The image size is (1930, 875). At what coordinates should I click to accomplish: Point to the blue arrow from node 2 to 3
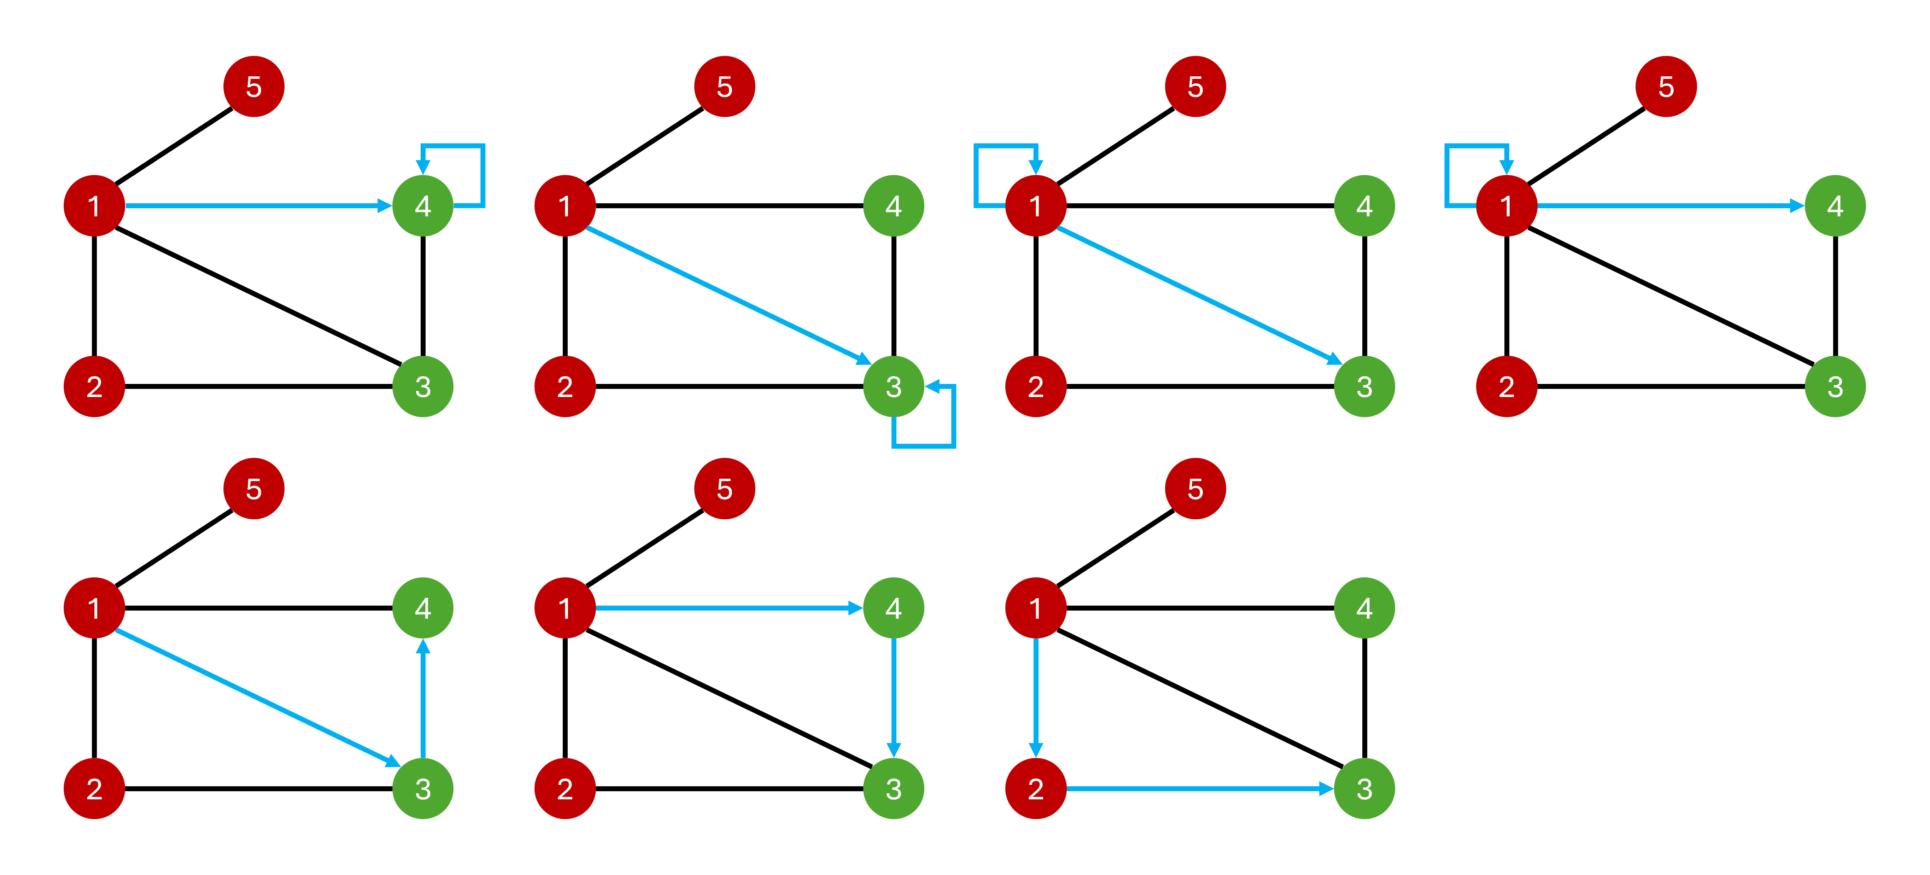(1199, 788)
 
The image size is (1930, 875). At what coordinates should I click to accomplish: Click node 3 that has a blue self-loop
(894, 386)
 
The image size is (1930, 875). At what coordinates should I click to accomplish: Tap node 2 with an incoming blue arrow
(1035, 788)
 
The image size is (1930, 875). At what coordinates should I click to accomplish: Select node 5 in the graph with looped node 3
(725, 86)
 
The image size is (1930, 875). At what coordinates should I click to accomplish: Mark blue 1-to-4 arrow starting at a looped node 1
(1671, 205)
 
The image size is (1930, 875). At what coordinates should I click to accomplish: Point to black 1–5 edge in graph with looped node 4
(174, 146)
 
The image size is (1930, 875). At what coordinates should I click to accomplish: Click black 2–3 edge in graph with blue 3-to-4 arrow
(258, 788)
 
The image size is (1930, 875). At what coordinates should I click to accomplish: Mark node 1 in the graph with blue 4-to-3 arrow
(565, 608)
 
